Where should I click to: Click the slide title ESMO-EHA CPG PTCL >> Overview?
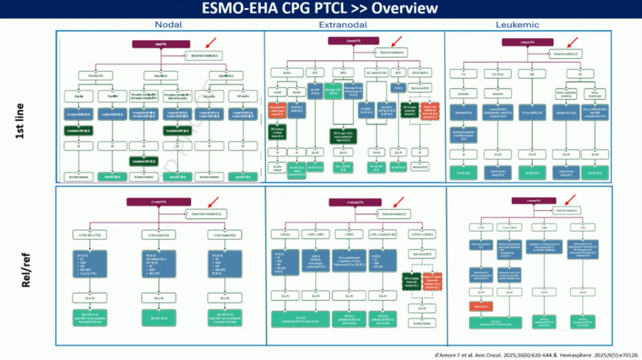(321, 9)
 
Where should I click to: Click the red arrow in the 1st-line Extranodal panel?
(397, 42)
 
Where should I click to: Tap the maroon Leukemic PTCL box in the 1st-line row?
(528, 42)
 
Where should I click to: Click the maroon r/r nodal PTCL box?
(158, 201)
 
